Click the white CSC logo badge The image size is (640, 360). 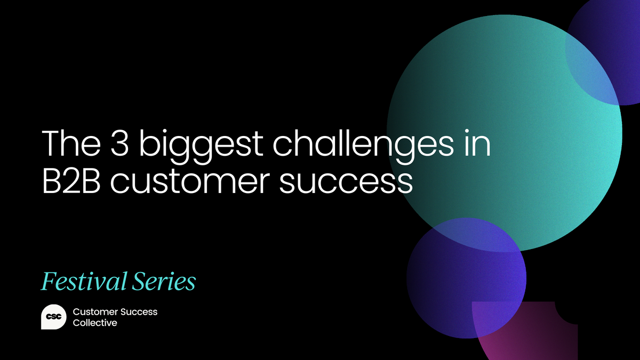53,317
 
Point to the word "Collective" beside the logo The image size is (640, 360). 94,323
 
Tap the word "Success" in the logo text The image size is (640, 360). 140,311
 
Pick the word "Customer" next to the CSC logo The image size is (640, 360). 95,311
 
